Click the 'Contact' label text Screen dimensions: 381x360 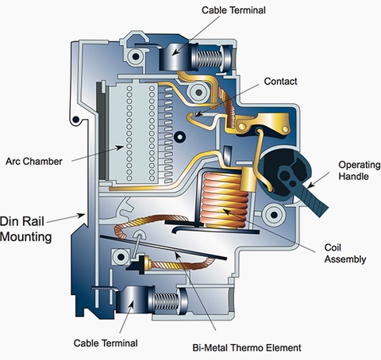point(280,82)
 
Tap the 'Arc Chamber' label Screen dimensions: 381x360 point(34,161)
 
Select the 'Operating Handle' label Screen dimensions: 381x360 point(360,170)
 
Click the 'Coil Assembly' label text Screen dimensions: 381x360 point(345,253)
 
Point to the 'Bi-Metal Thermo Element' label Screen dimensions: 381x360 point(247,347)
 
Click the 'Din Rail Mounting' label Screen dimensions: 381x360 point(25,229)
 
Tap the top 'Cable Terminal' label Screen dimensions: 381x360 point(233,10)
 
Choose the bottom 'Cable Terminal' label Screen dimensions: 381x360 point(106,343)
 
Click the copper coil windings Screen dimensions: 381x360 point(224,200)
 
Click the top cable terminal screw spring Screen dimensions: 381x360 point(210,59)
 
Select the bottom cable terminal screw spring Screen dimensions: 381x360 point(166,301)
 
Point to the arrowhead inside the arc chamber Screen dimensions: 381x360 point(121,147)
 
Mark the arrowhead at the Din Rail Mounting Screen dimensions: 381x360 point(81,216)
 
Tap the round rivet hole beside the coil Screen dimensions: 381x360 point(274,215)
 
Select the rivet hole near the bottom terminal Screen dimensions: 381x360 point(121,256)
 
